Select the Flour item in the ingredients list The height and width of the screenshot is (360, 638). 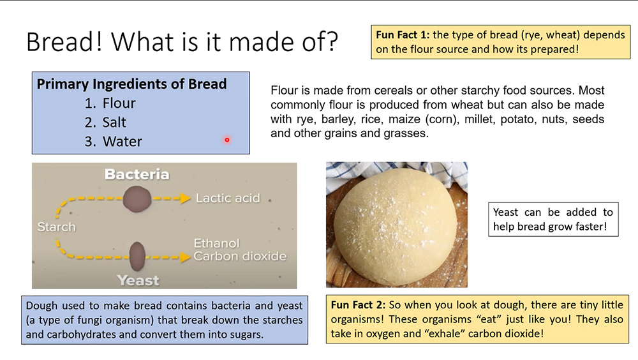tap(119, 103)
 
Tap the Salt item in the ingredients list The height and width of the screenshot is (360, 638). tap(114, 123)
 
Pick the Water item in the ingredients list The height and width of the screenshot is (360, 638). tap(122, 142)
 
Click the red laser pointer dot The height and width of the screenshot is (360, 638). tap(226, 140)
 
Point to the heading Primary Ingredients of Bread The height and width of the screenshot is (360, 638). tap(131, 84)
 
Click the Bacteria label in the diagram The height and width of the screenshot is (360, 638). tap(137, 174)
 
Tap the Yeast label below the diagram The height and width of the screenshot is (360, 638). tap(138, 280)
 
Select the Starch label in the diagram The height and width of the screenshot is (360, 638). tap(56, 227)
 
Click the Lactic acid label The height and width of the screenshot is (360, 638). tap(228, 198)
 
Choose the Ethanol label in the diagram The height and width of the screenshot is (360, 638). tap(216, 243)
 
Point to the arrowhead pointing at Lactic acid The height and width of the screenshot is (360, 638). tap(186, 199)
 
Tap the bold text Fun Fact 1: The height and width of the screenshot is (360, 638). tap(404, 35)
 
